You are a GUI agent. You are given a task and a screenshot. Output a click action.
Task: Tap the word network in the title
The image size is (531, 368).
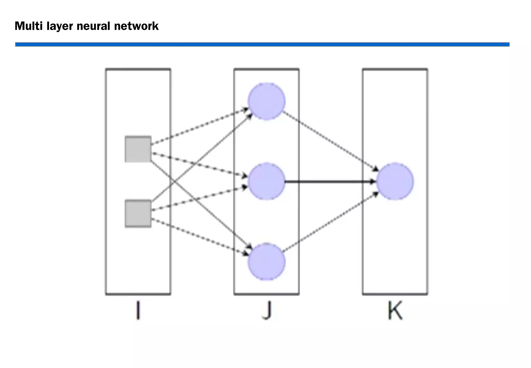tap(136, 26)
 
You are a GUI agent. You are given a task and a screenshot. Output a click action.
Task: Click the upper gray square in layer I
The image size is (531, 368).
tap(138, 149)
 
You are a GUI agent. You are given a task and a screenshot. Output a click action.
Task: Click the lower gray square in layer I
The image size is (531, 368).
tap(138, 213)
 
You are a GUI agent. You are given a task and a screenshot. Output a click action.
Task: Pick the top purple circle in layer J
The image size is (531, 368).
tap(267, 101)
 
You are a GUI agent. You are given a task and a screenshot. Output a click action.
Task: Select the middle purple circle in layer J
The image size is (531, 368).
tap(267, 181)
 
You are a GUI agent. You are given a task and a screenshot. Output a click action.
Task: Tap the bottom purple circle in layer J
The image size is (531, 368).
tap(267, 262)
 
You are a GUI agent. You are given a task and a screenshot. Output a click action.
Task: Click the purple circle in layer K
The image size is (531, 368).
tap(395, 181)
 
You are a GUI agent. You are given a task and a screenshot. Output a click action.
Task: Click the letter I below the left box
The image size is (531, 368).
tap(138, 311)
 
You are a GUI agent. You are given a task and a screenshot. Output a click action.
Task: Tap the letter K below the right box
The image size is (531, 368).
tap(395, 311)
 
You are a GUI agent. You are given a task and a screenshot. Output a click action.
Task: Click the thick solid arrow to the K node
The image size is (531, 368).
tap(329, 182)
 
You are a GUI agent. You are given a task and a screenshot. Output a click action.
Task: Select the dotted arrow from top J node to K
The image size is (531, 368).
tap(329, 140)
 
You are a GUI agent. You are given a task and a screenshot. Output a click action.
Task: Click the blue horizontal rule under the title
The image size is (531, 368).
tap(262, 45)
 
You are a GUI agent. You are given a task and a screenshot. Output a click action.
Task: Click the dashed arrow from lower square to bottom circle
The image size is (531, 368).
tap(200, 236)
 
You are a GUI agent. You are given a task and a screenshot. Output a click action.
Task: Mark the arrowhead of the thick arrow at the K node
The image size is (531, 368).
tap(373, 182)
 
